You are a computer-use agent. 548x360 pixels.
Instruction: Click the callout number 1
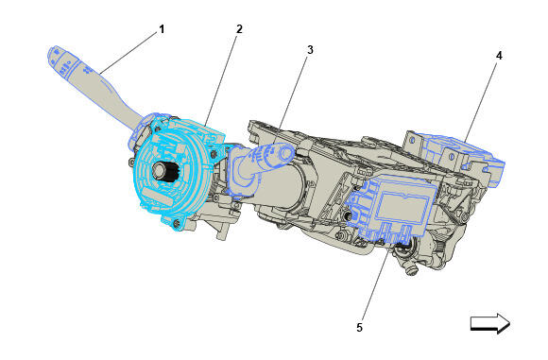162,29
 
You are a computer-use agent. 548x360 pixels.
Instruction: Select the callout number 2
239,29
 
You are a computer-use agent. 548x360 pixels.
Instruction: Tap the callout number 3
310,50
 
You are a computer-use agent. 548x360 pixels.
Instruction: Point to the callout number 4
499,56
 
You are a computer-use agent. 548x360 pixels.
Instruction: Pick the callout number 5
360,328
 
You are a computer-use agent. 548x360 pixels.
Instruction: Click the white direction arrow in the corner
490,323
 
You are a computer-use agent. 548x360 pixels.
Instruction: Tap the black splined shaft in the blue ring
168,172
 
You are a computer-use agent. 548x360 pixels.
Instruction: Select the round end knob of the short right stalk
287,153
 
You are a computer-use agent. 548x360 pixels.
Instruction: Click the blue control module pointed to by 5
394,209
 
